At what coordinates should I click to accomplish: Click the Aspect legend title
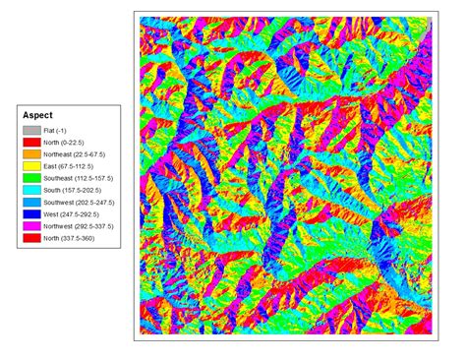tap(36, 114)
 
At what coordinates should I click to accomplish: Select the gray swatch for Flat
tap(31, 130)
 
